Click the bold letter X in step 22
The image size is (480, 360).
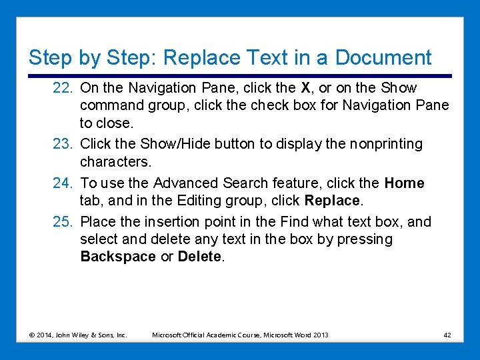tap(306, 88)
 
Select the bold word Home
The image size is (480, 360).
tap(405, 183)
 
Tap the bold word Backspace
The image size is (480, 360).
tap(118, 257)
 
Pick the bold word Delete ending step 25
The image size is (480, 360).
tap(199, 257)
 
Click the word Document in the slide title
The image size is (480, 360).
tap(383, 58)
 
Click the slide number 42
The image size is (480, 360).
tap(447, 335)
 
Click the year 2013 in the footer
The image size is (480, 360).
tap(320, 335)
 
